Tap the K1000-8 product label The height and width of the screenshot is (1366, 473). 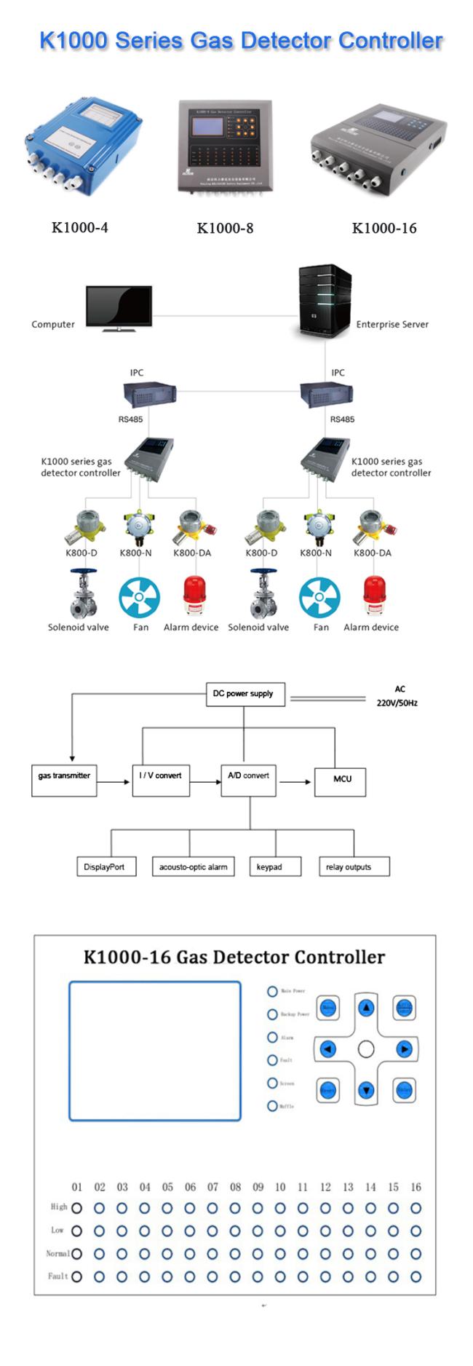click(225, 228)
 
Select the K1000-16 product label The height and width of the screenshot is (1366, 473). click(384, 228)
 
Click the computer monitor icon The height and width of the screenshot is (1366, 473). click(119, 308)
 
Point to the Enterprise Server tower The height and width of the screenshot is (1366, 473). click(325, 303)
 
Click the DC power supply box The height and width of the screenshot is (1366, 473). click(243, 694)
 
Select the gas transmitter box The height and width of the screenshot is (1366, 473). click(64, 780)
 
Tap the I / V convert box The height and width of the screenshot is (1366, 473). click(161, 780)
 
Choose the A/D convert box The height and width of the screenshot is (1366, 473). click(249, 780)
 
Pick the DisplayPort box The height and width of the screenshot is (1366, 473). click(105, 866)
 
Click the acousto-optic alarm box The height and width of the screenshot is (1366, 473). click(193, 866)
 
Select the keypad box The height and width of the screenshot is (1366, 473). click(269, 866)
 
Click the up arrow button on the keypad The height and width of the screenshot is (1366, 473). click(366, 1008)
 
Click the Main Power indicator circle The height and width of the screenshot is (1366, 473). click(272, 991)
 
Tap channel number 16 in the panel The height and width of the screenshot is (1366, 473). click(416, 1187)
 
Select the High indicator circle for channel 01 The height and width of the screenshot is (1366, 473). click(77, 1208)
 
